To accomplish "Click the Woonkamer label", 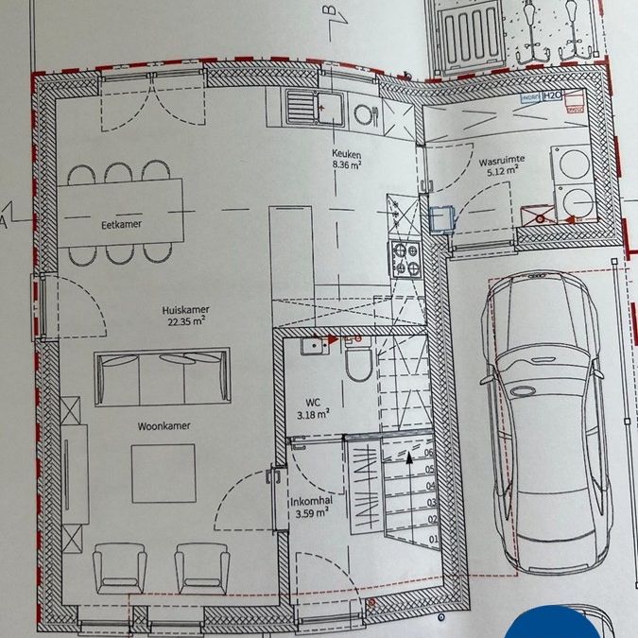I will coord(163,425).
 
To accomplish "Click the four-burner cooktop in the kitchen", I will coord(406,259).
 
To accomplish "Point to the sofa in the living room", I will coord(162,375).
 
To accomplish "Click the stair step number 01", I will coord(432,539).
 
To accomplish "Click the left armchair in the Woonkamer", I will coord(119,569).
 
